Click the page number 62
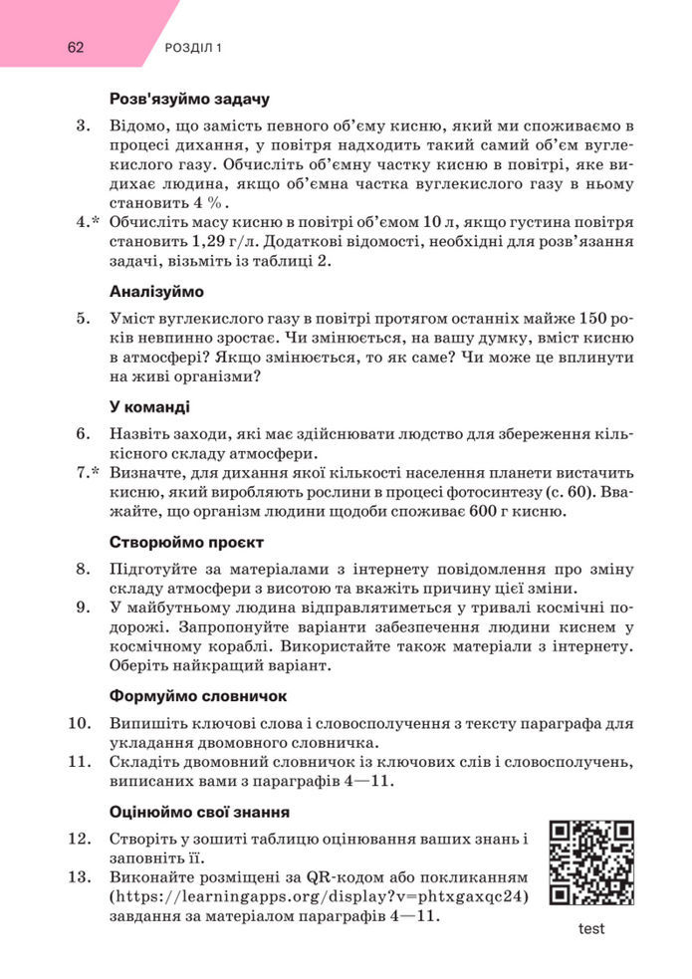click(x=77, y=47)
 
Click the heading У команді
click(x=149, y=407)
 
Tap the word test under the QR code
click(x=591, y=928)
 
